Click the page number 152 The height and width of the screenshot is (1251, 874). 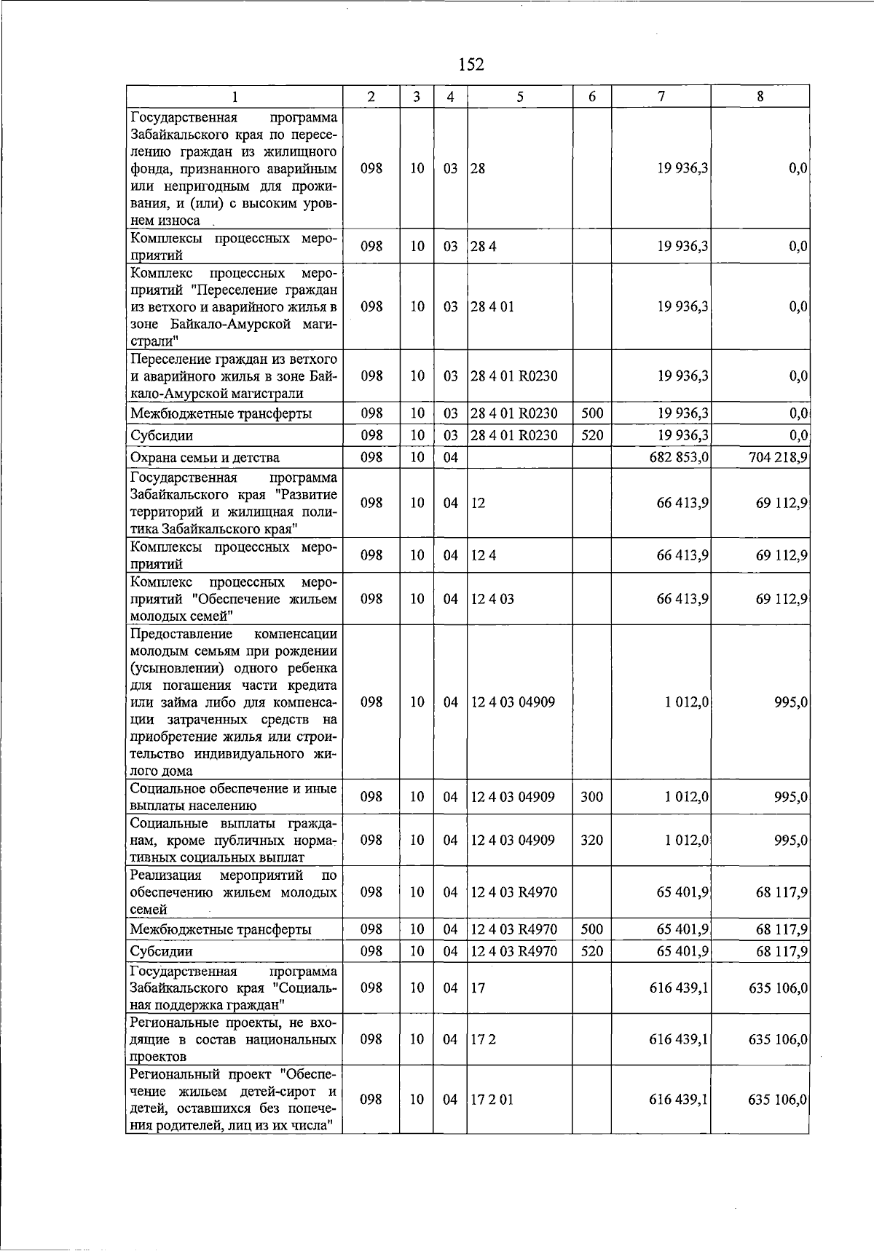pyautogui.click(x=472, y=65)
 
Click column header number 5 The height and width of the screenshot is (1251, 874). pyautogui.click(x=520, y=96)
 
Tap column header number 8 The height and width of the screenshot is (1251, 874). pyautogui.click(x=760, y=96)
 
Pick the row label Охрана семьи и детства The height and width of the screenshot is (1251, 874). pyautogui.click(x=205, y=458)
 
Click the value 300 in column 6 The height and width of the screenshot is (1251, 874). pyautogui.click(x=591, y=797)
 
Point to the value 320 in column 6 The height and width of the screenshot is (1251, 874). pyautogui.click(x=591, y=840)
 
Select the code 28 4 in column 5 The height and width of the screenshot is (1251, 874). pyautogui.click(x=483, y=246)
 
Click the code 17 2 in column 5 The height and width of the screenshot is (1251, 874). pyautogui.click(x=483, y=1039)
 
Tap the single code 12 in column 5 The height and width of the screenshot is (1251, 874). pyautogui.click(x=478, y=503)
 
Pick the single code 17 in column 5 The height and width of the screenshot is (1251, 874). pyautogui.click(x=478, y=988)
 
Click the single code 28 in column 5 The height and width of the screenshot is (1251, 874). pyautogui.click(x=478, y=168)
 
